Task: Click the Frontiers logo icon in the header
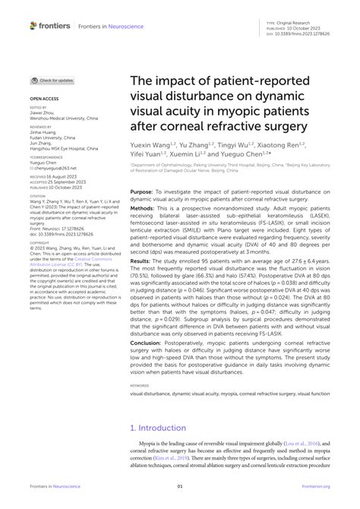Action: [x=33, y=25]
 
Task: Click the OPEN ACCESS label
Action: [x=44, y=100]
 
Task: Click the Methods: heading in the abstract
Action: [x=143, y=207]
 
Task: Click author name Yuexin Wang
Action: [x=150, y=144]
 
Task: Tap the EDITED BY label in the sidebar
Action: [x=37, y=108]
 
